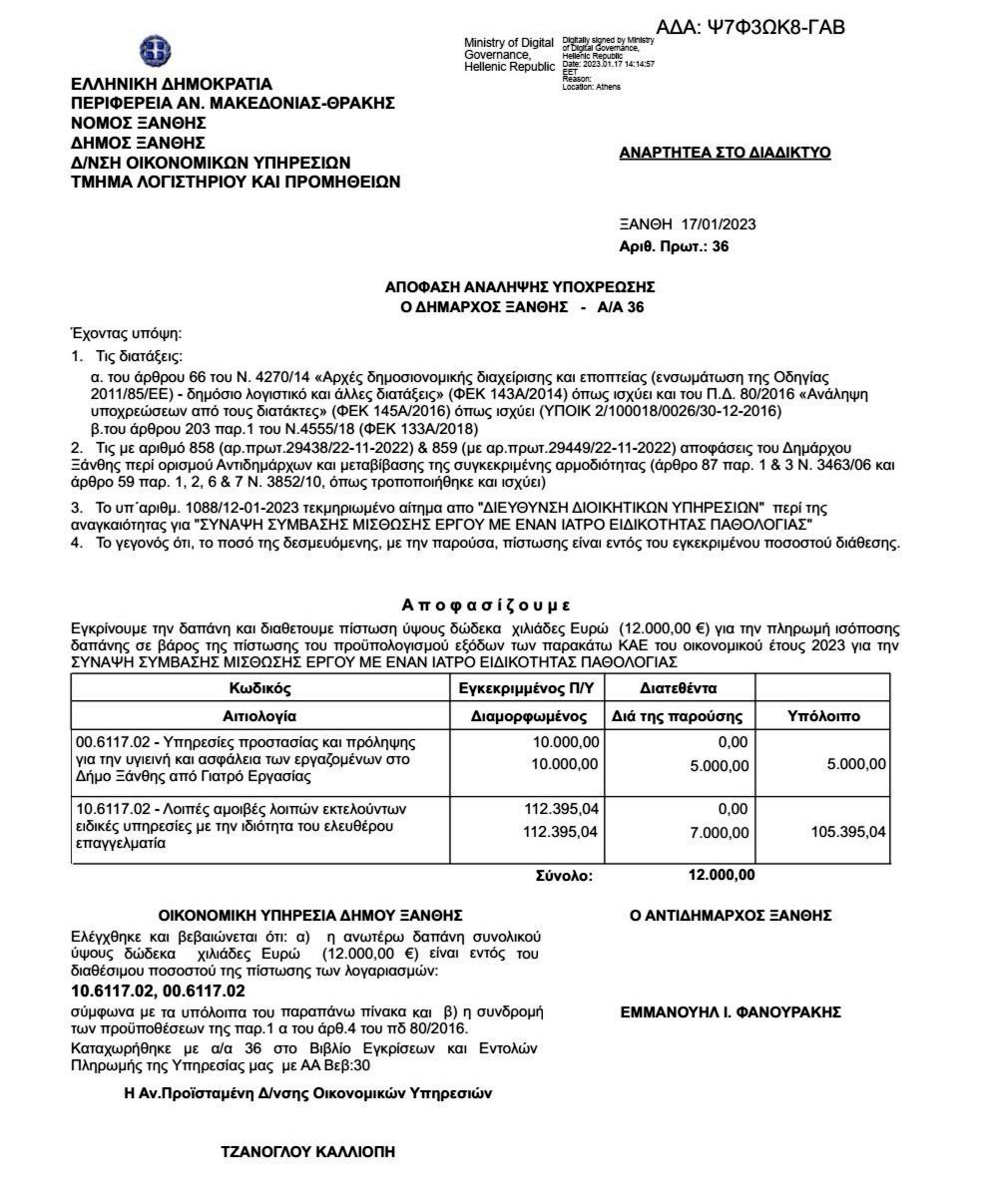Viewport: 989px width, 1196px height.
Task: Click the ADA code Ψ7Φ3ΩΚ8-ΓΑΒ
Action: pyautogui.click(x=750, y=27)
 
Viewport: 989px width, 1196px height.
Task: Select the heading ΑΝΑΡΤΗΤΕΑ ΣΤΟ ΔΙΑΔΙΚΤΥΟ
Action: pyautogui.click(x=725, y=153)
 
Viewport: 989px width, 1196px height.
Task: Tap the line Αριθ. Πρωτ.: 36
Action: pyautogui.click(x=674, y=245)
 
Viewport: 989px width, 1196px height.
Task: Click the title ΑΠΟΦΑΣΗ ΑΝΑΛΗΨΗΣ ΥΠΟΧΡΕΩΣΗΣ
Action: pyautogui.click(x=520, y=287)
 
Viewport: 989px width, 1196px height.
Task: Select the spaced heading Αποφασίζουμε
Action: pyautogui.click(x=485, y=605)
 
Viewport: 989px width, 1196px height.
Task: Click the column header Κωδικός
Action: pyautogui.click(x=259, y=688)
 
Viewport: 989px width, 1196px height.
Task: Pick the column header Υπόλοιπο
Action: pyautogui.click(x=823, y=716)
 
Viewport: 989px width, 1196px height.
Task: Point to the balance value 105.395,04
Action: pyautogui.click(x=848, y=833)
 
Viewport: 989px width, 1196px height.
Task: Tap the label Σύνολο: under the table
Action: pyautogui.click(x=565, y=876)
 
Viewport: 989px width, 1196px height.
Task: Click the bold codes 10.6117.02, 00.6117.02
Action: pyautogui.click(x=158, y=991)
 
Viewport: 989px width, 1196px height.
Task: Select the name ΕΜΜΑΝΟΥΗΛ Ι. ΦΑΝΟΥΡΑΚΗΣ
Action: pyautogui.click(x=731, y=1012)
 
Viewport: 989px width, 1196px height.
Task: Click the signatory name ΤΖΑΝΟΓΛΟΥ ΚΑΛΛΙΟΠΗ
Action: pyautogui.click(x=307, y=1152)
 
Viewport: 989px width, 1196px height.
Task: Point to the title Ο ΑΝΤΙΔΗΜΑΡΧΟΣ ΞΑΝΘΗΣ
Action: pyautogui.click(x=731, y=916)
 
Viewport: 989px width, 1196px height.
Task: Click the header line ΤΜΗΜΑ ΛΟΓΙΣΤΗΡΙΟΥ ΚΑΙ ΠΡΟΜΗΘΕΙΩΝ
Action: pyautogui.click(x=236, y=182)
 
